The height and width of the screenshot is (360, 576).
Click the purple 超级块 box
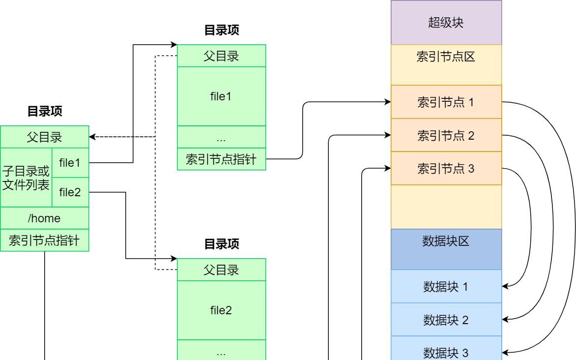pyautogui.click(x=446, y=23)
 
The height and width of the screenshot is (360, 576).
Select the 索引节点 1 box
pyautogui.click(x=446, y=102)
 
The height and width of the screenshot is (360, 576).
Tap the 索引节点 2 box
pyautogui.click(x=446, y=135)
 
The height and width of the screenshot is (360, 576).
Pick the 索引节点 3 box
pyautogui.click(x=446, y=169)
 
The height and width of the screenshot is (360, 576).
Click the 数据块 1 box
pyautogui.click(x=446, y=286)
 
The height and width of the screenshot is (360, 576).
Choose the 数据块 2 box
pyautogui.click(x=446, y=320)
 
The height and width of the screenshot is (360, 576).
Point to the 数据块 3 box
pyautogui.click(x=446, y=352)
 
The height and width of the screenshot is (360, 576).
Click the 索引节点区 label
pyautogui.click(x=446, y=57)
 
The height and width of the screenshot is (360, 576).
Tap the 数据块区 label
pyautogui.click(x=446, y=241)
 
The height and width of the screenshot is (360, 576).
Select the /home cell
pyautogui.click(x=44, y=218)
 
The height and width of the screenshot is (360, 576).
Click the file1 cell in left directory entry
pyautogui.click(x=70, y=162)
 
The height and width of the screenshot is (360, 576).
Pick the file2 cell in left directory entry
pyautogui.click(x=70, y=192)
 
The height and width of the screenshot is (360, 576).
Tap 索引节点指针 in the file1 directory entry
pyautogui.click(x=221, y=159)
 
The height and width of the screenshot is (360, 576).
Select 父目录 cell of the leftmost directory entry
pyautogui.click(x=44, y=137)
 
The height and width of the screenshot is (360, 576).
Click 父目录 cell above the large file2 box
pyautogui.click(x=221, y=270)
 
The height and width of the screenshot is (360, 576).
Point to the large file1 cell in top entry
pyautogui.click(x=221, y=96)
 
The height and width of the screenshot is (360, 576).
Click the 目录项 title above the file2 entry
pyautogui.click(x=221, y=244)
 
